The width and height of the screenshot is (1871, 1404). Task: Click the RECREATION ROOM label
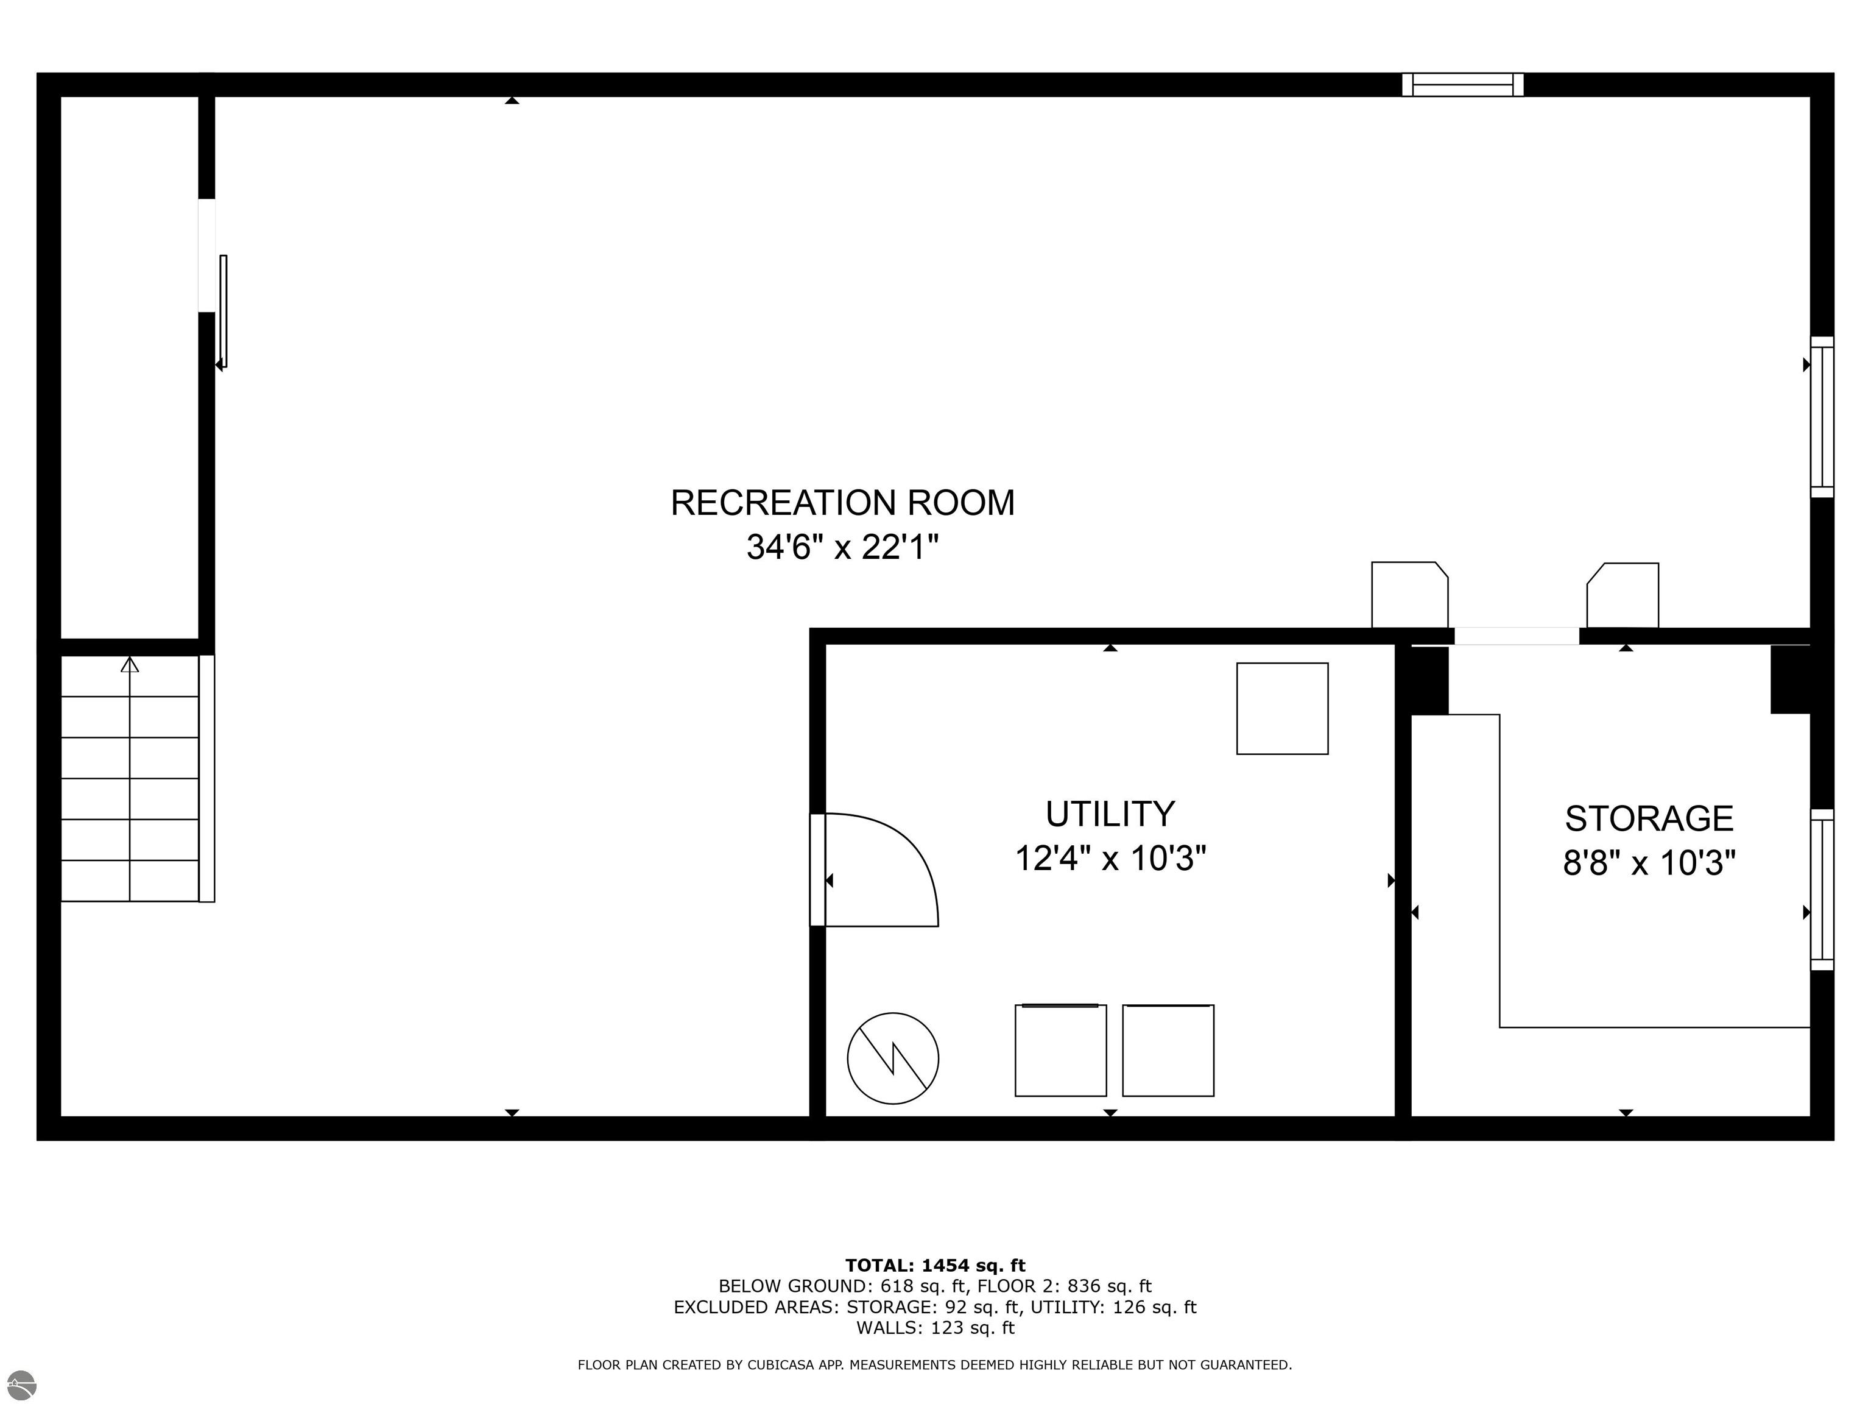coord(842,503)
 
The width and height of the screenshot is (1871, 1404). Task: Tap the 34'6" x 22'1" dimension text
coord(842,548)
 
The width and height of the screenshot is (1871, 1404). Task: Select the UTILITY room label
coord(1110,814)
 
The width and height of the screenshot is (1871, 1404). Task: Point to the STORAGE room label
coord(1649,819)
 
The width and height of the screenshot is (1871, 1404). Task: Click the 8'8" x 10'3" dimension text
coord(1649,864)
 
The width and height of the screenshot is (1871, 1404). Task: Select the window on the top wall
coord(1462,85)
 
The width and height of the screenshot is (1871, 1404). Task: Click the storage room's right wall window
coord(1821,890)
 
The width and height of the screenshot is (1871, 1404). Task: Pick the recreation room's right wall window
coord(1821,416)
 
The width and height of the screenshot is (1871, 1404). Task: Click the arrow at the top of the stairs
coord(129,665)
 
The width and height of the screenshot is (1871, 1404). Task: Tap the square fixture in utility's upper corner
coord(1281,708)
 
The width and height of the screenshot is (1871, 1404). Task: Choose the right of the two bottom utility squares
coord(1168,1050)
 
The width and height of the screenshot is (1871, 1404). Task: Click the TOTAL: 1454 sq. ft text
coord(935,1265)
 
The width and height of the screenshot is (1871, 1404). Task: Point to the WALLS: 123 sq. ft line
coord(935,1328)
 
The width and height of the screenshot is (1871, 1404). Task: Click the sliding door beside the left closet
coord(224,311)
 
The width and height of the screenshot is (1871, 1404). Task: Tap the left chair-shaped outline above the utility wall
coord(1408,595)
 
